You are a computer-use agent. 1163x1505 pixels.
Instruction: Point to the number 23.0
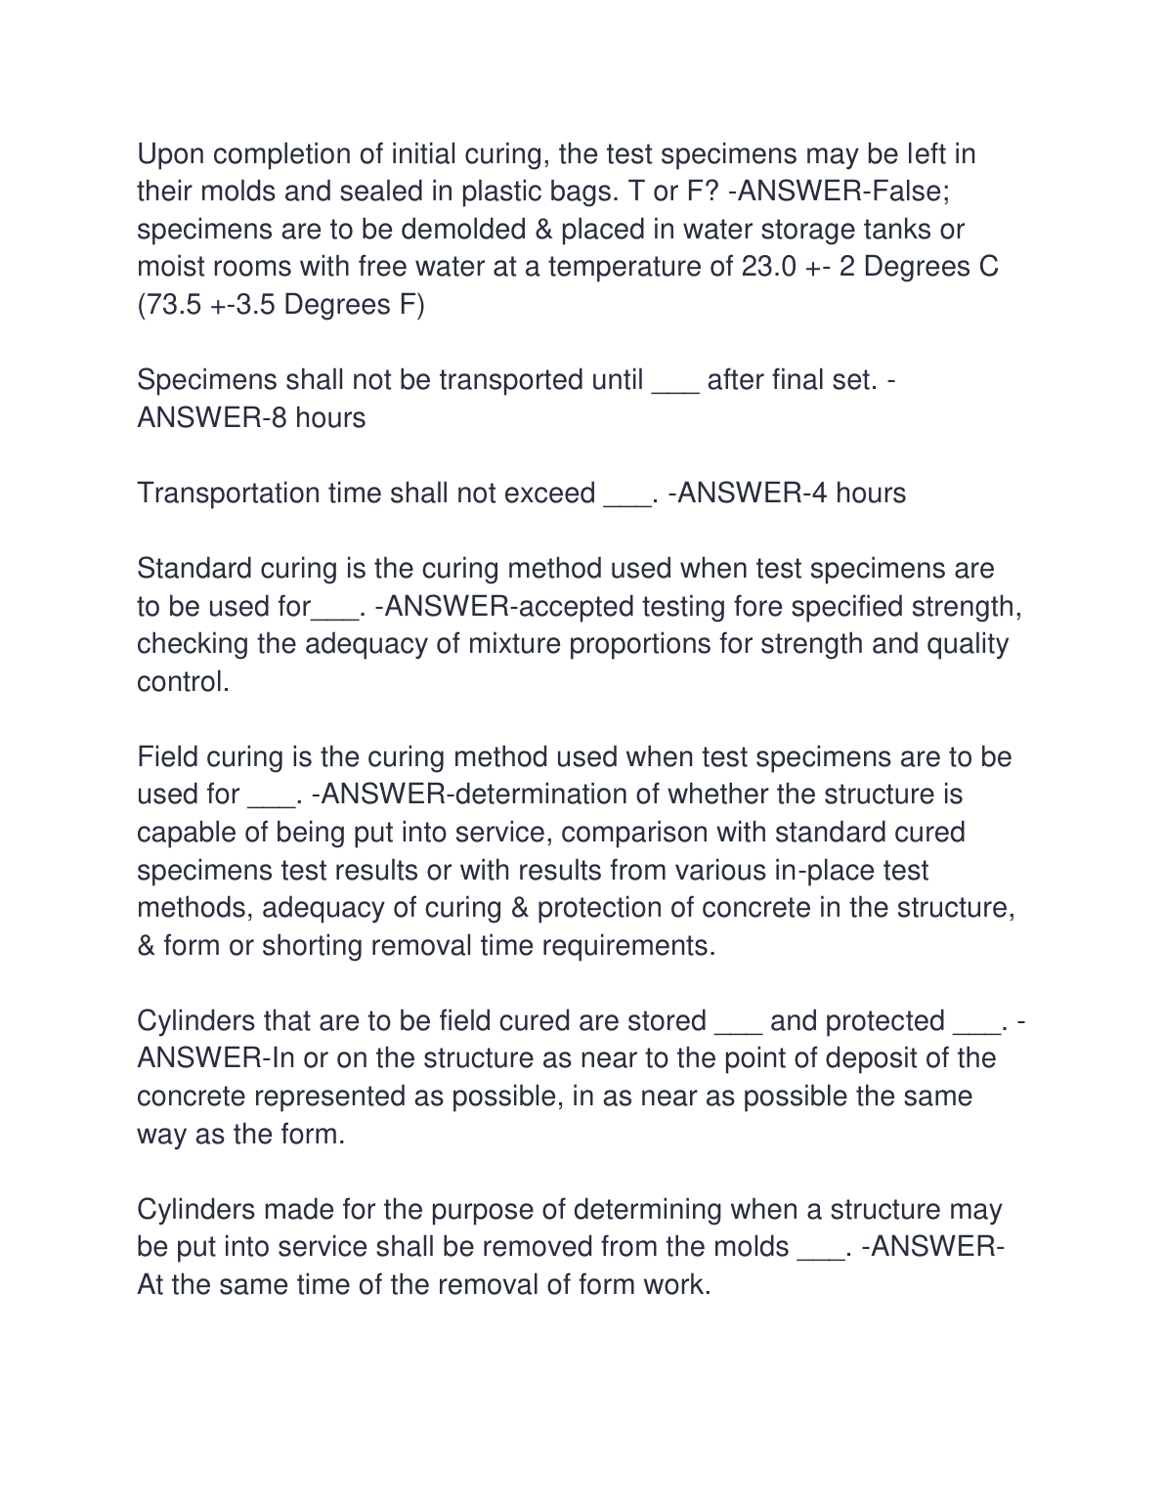[768, 267]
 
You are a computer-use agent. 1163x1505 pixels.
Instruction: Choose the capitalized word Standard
[194, 569]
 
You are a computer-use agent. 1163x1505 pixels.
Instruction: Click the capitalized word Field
[167, 757]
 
